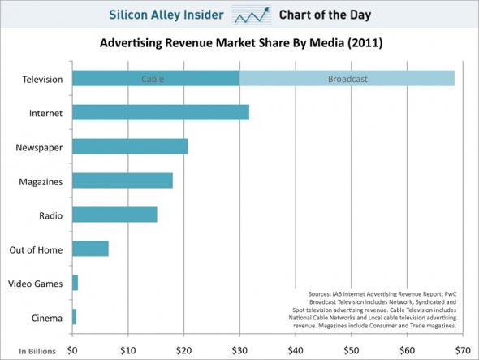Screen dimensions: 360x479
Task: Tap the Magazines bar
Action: point(122,180)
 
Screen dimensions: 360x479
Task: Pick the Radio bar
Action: point(114,215)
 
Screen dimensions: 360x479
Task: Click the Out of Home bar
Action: point(90,249)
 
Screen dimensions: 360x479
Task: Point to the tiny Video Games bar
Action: point(75,283)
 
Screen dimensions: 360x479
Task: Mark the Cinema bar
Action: point(74,316)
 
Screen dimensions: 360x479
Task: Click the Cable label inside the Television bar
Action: point(153,79)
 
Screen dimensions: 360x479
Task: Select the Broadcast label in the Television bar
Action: point(347,79)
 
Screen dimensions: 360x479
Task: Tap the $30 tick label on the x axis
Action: point(239,351)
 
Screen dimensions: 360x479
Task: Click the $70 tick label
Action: point(462,351)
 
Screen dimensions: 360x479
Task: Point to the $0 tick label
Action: point(72,351)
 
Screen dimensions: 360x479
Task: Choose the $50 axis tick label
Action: point(351,351)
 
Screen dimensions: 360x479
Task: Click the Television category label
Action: point(41,79)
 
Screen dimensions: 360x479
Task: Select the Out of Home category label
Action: point(38,249)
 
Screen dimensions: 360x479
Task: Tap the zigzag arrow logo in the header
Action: point(252,15)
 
